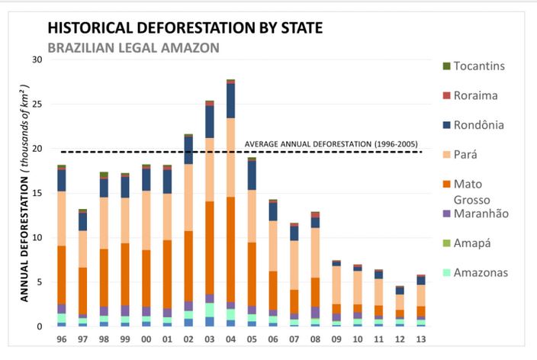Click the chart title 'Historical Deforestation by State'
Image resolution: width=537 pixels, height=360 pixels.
[185, 27]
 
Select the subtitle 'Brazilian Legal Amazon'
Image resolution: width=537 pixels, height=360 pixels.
[133, 47]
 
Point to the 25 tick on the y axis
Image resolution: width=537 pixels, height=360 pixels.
[37, 104]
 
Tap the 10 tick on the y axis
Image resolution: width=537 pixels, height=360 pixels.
[37, 237]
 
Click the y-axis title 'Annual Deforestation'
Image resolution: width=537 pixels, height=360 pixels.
[24, 239]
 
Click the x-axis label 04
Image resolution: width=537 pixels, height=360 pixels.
[230, 339]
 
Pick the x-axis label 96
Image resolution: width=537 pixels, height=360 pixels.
[62, 339]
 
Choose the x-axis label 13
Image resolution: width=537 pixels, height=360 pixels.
[421, 339]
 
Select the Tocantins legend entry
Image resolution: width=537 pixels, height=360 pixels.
[474, 66]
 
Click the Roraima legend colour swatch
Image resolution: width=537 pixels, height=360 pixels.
[446, 95]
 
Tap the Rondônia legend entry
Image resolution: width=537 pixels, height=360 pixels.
[473, 125]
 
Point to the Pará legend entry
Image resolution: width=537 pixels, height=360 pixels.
[460, 155]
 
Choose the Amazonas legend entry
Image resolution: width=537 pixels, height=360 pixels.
[475, 272]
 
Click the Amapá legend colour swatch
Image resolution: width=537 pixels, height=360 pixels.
[446, 243]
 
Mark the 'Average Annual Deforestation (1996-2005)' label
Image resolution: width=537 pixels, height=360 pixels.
[331, 144]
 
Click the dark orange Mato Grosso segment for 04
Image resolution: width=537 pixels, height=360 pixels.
[230, 249]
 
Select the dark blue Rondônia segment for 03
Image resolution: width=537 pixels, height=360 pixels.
[210, 122]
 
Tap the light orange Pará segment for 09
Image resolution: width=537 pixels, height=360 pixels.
[336, 285]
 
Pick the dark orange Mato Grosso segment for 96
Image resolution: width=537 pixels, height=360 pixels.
[62, 275]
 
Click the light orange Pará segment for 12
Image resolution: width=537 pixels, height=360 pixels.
[400, 302]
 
